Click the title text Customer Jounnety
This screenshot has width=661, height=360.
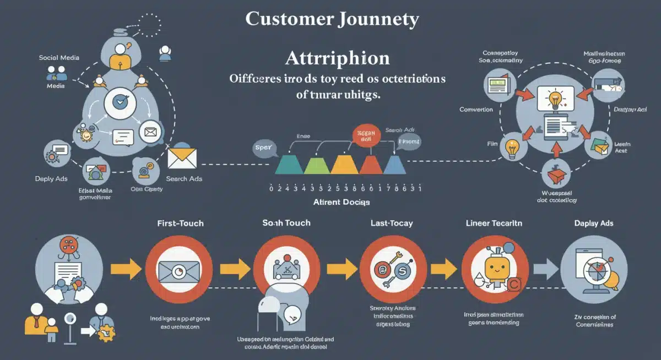pyautogui.click(x=332, y=19)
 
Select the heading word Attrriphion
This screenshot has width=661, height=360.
pyautogui.click(x=337, y=58)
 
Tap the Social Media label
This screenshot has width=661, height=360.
pyautogui.click(x=59, y=57)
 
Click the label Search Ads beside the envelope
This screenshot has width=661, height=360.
pyautogui.click(x=184, y=179)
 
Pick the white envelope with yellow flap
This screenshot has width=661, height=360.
pyautogui.click(x=183, y=159)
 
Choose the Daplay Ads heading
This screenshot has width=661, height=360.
pyautogui.click(x=594, y=223)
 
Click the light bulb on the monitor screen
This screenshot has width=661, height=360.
pyautogui.click(x=554, y=100)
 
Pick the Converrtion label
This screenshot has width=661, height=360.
pyautogui.click(x=476, y=110)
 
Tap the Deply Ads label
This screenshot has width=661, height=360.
pyautogui.click(x=51, y=179)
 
